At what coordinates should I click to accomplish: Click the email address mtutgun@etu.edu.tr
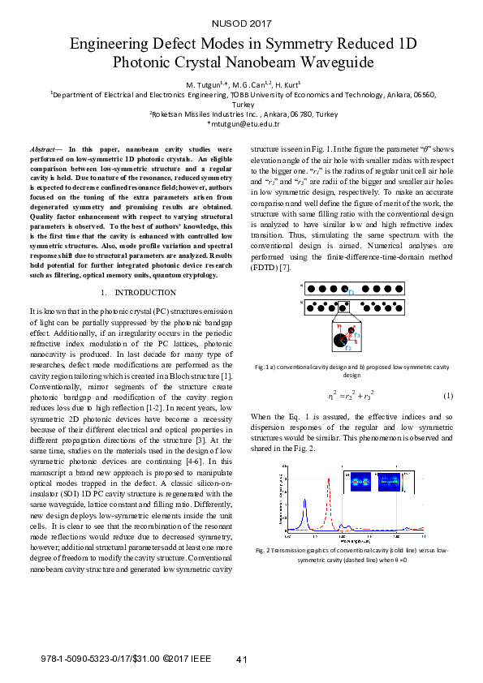(244, 123)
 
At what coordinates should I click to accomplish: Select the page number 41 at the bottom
(242, 659)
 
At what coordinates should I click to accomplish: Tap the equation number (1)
(447, 396)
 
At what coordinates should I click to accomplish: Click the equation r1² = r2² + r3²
(351, 396)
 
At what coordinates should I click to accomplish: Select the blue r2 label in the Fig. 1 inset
(348, 347)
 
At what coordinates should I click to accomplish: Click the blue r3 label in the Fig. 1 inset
(358, 335)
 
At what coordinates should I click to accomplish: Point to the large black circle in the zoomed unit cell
(340, 341)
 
